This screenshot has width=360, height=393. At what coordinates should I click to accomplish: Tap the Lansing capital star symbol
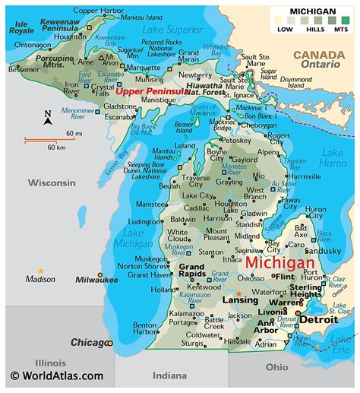click(x=239, y=294)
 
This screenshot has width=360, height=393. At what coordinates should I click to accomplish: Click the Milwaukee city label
click(x=96, y=280)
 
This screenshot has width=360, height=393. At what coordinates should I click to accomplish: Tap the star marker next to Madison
click(x=41, y=271)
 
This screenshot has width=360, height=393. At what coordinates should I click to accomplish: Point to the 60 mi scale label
click(x=73, y=134)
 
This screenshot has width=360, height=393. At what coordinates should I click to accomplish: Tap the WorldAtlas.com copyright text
click(x=56, y=376)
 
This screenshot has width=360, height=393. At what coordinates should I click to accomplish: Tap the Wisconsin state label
click(x=52, y=182)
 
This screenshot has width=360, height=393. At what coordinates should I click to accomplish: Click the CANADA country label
click(x=318, y=55)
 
